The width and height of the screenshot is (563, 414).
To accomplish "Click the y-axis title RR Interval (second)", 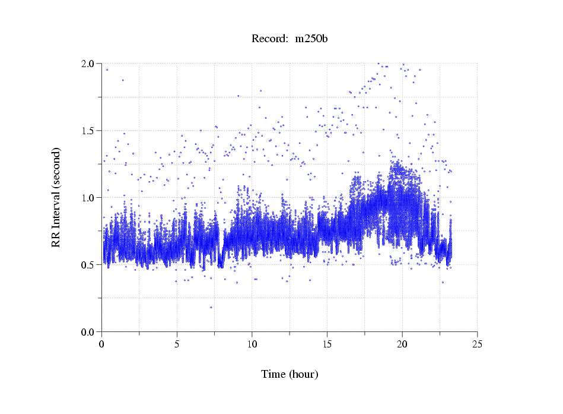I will click(x=56, y=197).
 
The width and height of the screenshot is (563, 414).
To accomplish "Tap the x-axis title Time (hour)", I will click(x=290, y=374).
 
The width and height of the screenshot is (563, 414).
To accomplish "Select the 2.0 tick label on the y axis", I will click(x=89, y=64).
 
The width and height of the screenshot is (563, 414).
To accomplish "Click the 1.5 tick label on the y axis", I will click(x=89, y=131).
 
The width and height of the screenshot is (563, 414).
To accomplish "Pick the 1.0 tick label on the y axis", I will click(x=89, y=198).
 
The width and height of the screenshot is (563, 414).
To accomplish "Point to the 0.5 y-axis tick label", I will click(x=89, y=265).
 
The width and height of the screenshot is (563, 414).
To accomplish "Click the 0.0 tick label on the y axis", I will click(x=89, y=331).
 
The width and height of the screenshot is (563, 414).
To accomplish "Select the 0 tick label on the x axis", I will click(x=102, y=343).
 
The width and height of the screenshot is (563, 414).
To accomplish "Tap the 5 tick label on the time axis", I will click(x=177, y=343).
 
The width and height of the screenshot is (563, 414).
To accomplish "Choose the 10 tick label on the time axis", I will click(x=252, y=343).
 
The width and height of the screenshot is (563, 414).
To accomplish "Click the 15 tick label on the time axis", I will click(x=327, y=343).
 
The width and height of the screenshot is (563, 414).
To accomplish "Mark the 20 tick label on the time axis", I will click(x=402, y=343).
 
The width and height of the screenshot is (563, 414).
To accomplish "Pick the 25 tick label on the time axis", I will click(x=477, y=343).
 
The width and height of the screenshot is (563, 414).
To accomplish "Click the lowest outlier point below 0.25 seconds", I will click(x=211, y=307).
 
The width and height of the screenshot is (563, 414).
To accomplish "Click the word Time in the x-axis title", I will click(x=273, y=374).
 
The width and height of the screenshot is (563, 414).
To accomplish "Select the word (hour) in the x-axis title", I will click(x=304, y=374).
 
